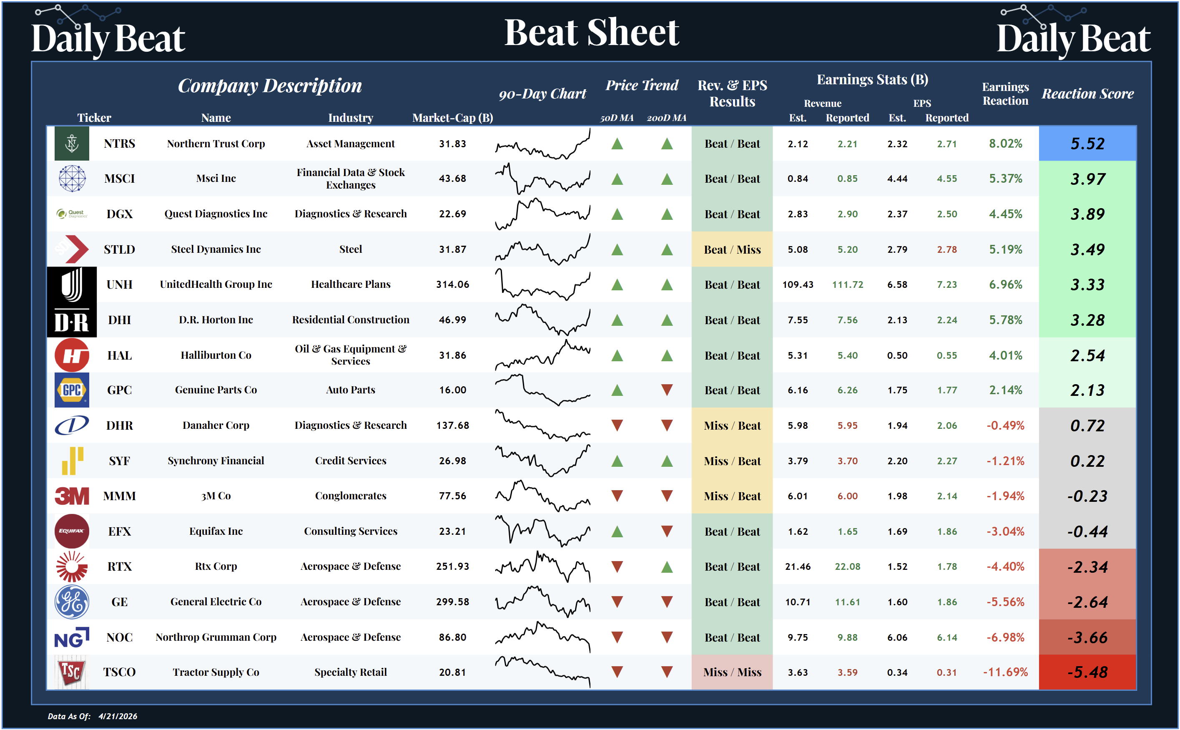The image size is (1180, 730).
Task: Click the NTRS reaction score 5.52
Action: tap(1087, 143)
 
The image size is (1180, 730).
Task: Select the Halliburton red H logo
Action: tap(71, 355)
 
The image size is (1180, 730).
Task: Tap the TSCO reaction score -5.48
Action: tap(1087, 672)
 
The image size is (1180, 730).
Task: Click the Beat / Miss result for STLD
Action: tap(732, 249)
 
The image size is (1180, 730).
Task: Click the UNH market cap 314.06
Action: tap(452, 284)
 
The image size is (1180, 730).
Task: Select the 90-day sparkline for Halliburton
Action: tap(542, 355)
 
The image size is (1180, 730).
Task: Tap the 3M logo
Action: tap(71, 496)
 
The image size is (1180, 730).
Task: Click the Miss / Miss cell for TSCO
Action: tap(732, 672)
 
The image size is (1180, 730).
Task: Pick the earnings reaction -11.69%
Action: tap(1005, 672)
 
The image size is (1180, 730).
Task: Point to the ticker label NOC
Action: tap(119, 637)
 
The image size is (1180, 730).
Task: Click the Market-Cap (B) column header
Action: tap(452, 118)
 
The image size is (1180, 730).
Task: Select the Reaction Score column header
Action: tap(1087, 94)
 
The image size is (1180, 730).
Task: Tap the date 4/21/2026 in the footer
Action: tap(118, 716)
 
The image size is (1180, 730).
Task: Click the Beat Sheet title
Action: tap(591, 33)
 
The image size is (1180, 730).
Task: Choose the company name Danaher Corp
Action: tap(216, 425)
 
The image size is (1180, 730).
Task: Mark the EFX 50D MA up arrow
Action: tap(617, 531)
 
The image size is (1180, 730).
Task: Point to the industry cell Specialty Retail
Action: tap(350, 672)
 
